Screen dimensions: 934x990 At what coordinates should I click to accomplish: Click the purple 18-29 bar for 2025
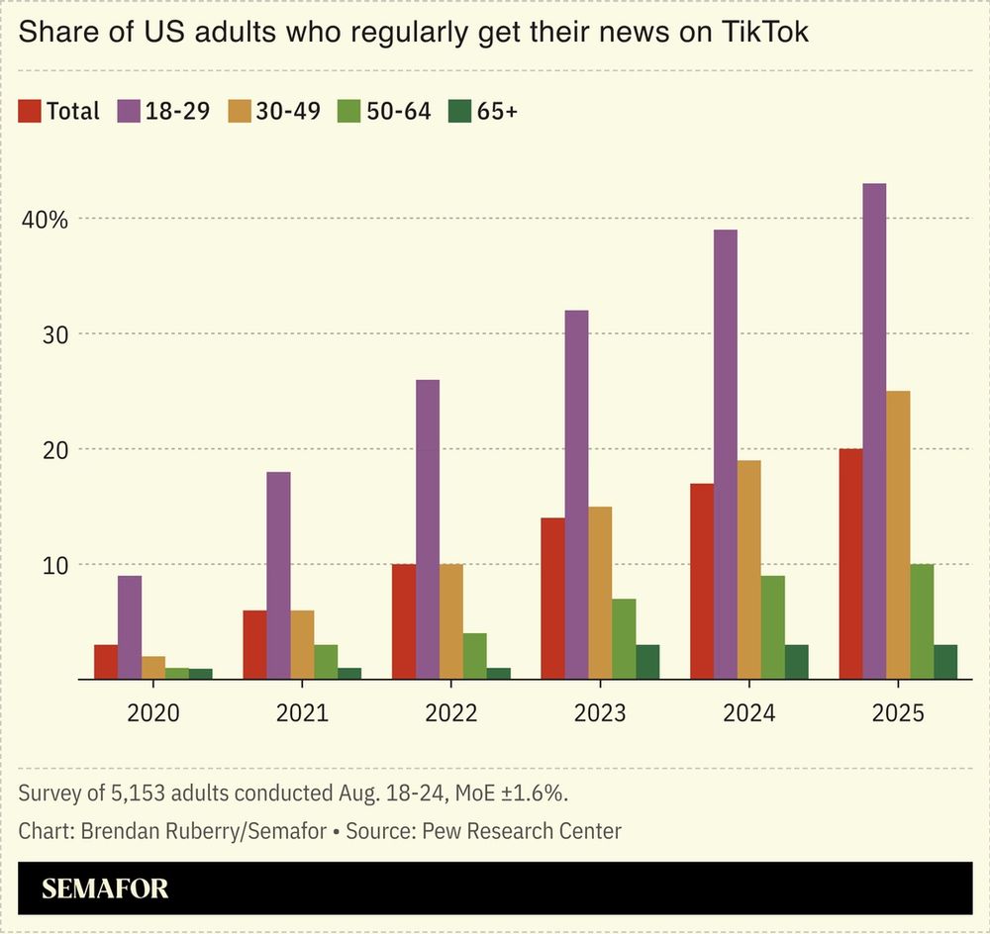tap(874, 431)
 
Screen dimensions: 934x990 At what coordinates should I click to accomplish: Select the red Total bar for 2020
tap(106, 662)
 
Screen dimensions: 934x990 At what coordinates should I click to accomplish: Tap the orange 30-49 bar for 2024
tap(749, 570)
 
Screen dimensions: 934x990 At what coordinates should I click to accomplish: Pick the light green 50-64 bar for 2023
tap(624, 639)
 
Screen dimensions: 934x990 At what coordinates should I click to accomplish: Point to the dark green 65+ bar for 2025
tap(945, 662)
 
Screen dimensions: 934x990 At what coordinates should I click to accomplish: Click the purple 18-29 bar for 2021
tap(279, 576)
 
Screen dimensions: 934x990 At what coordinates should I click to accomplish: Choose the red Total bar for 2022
tap(404, 621)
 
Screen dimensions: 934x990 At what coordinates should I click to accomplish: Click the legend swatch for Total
tap(30, 111)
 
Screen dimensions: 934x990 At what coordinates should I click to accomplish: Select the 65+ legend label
tap(497, 111)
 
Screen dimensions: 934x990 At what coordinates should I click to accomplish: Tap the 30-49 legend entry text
tap(288, 111)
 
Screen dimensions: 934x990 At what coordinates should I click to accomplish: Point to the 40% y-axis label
tap(45, 219)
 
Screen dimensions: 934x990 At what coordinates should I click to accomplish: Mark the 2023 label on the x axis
tap(600, 713)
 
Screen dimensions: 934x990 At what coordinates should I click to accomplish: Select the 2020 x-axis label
tap(153, 713)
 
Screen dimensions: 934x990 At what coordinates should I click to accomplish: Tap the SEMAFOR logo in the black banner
tap(105, 888)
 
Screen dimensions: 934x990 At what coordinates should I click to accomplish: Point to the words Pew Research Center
tap(522, 830)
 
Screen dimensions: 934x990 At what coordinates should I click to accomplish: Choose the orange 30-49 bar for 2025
tap(898, 535)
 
